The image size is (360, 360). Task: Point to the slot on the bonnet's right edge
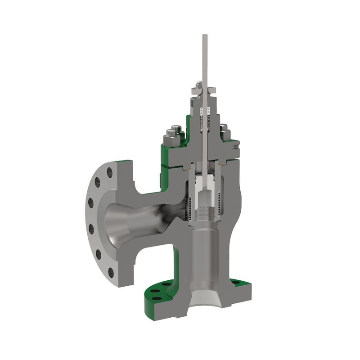point(235,146)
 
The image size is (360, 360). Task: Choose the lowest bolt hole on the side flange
point(110,272)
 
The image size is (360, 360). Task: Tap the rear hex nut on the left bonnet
point(177,130)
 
